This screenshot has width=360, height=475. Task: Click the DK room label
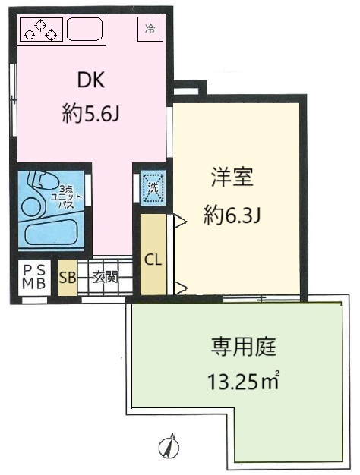[91, 80]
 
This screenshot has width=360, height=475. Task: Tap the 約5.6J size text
[90, 113]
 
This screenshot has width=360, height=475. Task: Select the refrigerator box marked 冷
[150, 29]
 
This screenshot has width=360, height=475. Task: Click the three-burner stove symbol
[42, 30]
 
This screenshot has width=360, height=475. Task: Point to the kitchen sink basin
[84, 29]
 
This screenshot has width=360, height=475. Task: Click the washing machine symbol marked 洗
[153, 188]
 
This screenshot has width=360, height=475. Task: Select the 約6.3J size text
[232, 215]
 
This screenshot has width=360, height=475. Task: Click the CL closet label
[153, 260]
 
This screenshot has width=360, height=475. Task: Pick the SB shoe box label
[68, 277]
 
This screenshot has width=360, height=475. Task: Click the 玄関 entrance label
[105, 277]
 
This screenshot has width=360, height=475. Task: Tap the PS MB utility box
[34, 278]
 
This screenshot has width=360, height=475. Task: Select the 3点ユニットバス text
[66, 197]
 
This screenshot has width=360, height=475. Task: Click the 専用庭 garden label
[244, 347]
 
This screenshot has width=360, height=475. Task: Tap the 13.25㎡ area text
[243, 380]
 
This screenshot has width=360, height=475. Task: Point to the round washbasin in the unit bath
[31, 207]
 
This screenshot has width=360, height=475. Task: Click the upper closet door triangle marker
[179, 221]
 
